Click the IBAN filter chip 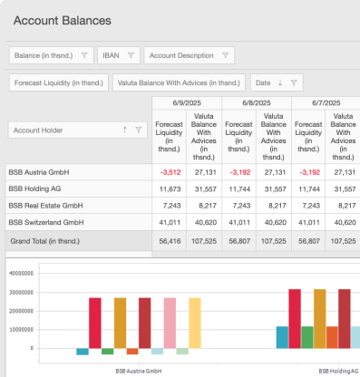[x=118, y=55]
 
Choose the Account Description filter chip [x=190, y=55]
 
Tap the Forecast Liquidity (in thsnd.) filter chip [x=56, y=83]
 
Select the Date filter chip [x=274, y=83]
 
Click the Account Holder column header [x=51, y=130]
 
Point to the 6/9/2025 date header [x=186, y=102]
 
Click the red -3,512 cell [x=172, y=171]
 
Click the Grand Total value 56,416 [x=172, y=242]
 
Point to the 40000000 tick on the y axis [x=19, y=272]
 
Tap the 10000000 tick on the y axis [x=19, y=329]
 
